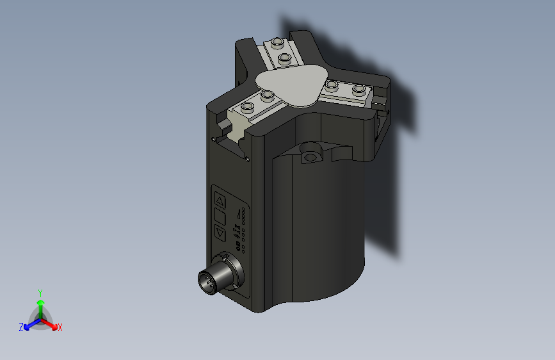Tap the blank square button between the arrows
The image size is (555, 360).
click(x=219, y=216)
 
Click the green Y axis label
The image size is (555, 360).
click(x=40, y=292)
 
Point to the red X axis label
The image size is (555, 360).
click(x=60, y=327)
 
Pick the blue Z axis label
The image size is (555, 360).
click(x=21, y=327)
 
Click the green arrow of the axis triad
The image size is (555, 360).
click(x=40, y=303)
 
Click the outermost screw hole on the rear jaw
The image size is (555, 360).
click(x=277, y=43)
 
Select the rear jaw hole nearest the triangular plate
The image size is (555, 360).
click(x=284, y=59)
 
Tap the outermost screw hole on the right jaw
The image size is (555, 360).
click(x=359, y=89)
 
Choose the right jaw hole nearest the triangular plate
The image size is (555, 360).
click(x=331, y=85)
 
